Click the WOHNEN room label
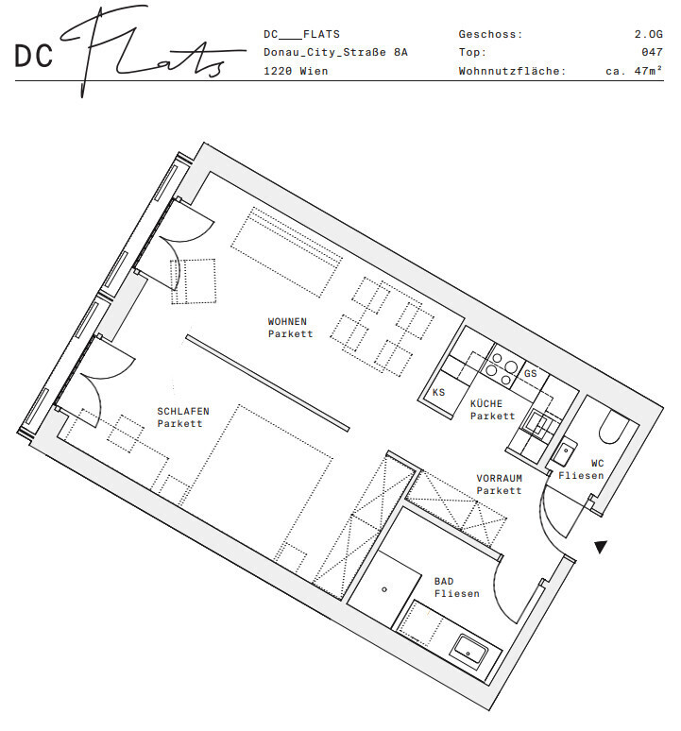point(287,322)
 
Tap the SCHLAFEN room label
point(183,412)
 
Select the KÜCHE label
point(486,403)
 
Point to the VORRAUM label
point(500,478)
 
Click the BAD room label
point(444,582)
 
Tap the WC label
point(598,464)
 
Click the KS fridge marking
point(438,393)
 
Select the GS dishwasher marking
point(531,373)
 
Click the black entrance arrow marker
point(601,547)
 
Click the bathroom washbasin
point(469,652)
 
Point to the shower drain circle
point(384,589)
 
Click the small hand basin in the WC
point(565,451)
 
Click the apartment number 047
point(652,52)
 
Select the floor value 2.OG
point(648,34)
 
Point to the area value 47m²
point(648,71)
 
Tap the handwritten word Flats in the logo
point(149,51)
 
